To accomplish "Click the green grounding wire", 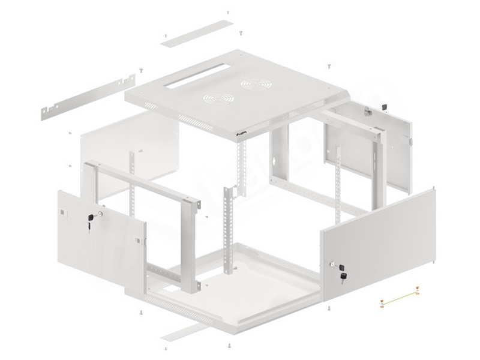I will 398,298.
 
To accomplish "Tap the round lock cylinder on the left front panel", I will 100,213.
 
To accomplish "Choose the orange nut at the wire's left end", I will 382,306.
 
